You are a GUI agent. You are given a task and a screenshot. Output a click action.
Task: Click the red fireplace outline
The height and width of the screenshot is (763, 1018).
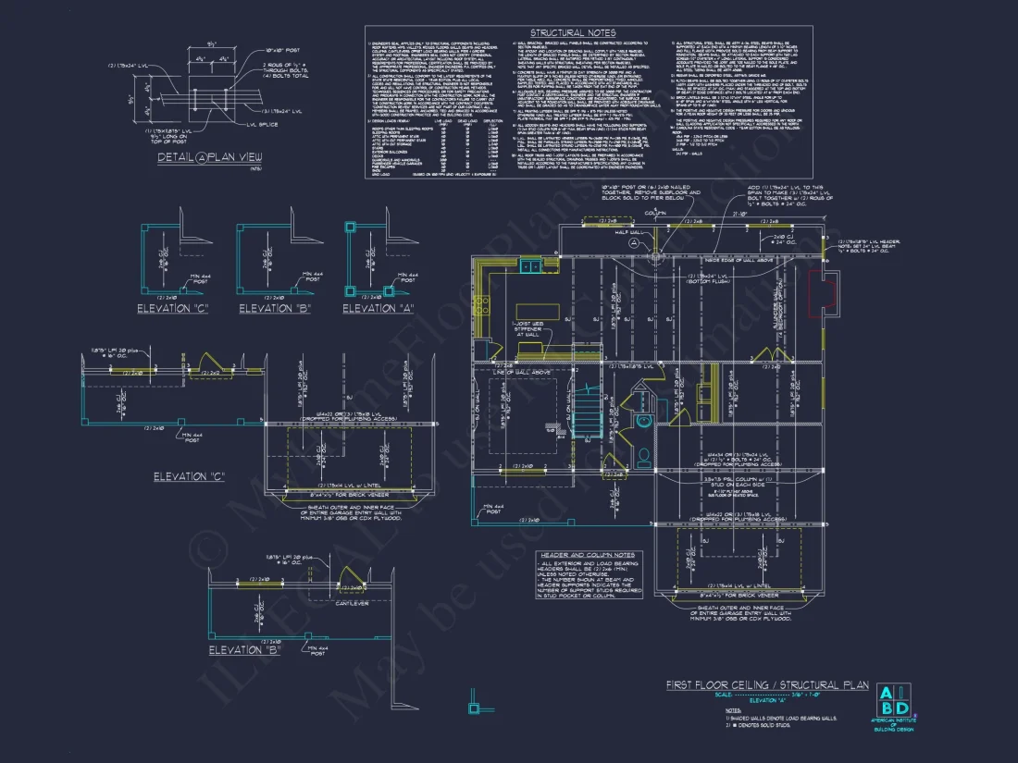pyautogui.click(x=821, y=295)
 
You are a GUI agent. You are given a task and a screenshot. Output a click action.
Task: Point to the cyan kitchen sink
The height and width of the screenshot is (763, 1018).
pyautogui.click(x=531, y=266)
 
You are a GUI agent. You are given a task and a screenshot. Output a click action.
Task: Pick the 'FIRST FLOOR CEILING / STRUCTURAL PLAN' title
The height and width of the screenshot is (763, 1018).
pyautogui.click(x=767, y=685)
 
